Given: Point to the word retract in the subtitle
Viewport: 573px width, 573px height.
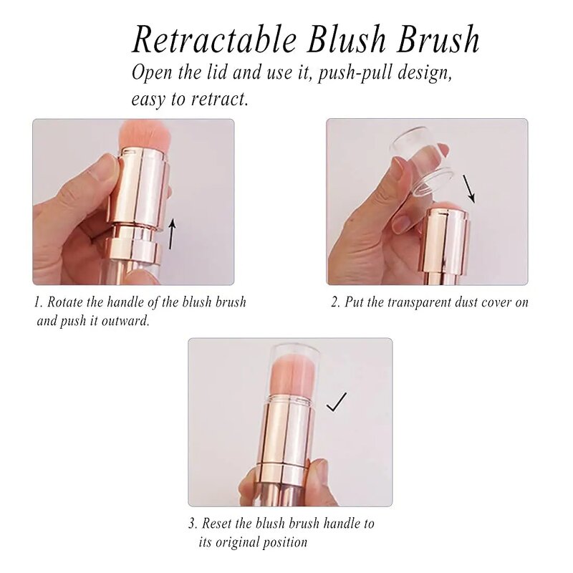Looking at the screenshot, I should [218, 99].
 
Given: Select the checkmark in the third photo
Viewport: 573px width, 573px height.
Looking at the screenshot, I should [336, 403].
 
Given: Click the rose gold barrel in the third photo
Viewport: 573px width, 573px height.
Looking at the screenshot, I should [285, 437].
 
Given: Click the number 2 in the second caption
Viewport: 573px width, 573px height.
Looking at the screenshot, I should [334, 302].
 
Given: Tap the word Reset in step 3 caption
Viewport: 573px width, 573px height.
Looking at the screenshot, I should [218, 524].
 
